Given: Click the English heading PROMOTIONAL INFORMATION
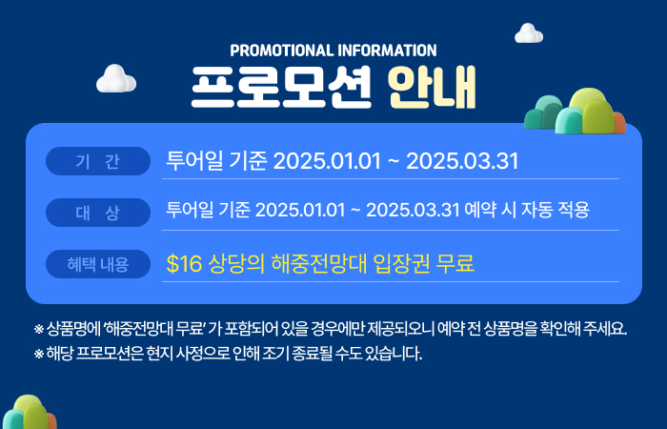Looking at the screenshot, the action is [x=333, y=51].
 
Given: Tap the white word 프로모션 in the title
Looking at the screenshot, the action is [x=281, y=88].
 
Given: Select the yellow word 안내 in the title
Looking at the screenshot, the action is [x=433, y=88].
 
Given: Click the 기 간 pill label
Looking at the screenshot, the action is [x=98, y=161].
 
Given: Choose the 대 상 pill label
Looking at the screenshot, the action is [x=98, y=213].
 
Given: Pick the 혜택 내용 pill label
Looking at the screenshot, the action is [x=98, y=264].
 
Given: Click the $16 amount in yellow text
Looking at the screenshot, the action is [x=184, y=263].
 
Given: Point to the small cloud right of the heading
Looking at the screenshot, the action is [x=529, y=33].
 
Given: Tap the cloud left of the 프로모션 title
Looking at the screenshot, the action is [x=115, y=78].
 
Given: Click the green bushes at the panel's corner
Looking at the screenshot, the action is [x=576, y=112].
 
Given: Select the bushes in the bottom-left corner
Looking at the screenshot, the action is [x=28, y=412].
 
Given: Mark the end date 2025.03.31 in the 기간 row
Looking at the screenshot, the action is [x=462, y=161].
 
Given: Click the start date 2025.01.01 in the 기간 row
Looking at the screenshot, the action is [x=327, y=161].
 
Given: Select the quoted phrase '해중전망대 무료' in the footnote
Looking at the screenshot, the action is [x=154, y=329].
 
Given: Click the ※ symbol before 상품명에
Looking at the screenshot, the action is [x=39, y=329].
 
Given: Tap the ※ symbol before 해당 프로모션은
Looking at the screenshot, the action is [x=39, y=354].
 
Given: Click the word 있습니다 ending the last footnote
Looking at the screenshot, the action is [x=394, y=354].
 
